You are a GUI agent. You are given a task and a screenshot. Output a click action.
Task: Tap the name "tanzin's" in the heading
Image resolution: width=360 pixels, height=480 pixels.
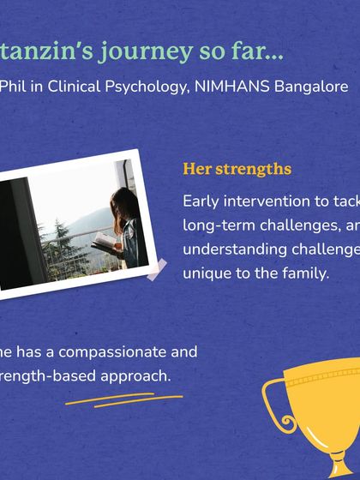pyautogui.click(x=47, y=51)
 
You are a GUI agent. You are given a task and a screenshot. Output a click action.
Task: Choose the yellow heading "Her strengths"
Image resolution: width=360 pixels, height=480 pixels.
pyautogui.click(x=237, y=169)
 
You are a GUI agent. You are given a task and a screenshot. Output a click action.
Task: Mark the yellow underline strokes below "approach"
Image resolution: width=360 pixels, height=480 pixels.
pyautogui.click(x=123, y=399)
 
